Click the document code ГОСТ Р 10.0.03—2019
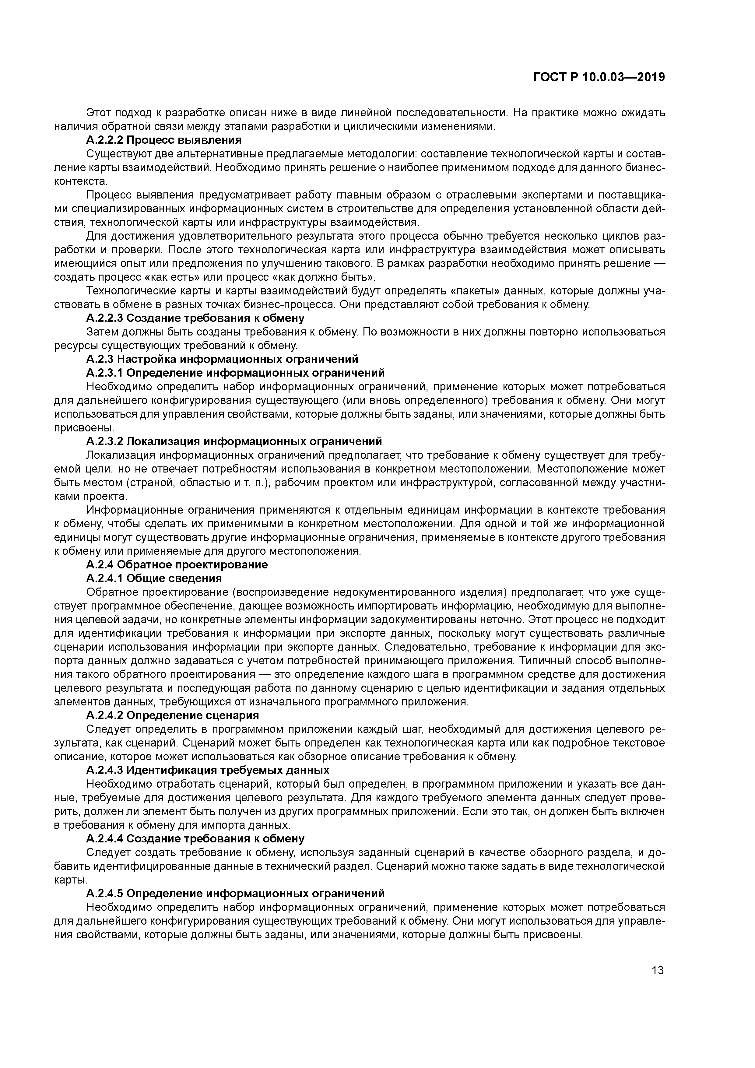point(599,77)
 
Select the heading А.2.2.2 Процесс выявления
point(164,140)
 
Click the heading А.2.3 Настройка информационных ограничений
point(222,359)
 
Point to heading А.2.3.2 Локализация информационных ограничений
point(234,441)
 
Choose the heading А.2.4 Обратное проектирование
point(177,565)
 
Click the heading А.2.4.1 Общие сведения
point(154,578)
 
